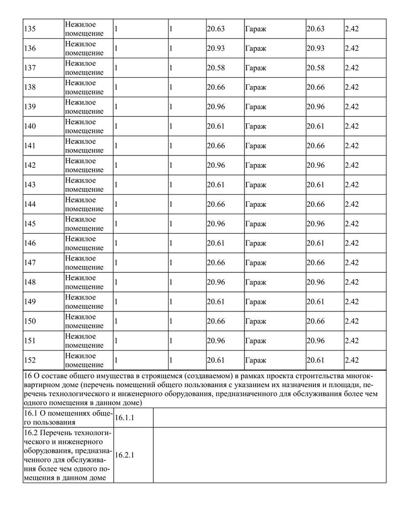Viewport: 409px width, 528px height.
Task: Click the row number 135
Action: point(29,29)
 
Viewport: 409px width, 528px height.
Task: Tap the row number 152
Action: point(29,360)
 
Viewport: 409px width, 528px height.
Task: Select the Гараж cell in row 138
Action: point(256,88)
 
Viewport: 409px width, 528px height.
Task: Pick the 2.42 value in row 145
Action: point(352,224)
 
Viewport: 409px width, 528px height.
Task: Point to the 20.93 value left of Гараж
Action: point(216,48)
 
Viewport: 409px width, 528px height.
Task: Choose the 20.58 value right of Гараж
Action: point(315,68)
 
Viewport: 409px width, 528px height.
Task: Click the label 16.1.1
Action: point(124,418)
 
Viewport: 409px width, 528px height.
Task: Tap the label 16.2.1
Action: point(124,455)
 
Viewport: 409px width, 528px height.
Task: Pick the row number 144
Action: point(29,204)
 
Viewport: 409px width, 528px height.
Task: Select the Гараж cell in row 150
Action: point(256,321)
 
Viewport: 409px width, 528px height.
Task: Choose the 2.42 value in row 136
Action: point(352,48)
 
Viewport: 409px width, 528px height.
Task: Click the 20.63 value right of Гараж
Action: point(315,29)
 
